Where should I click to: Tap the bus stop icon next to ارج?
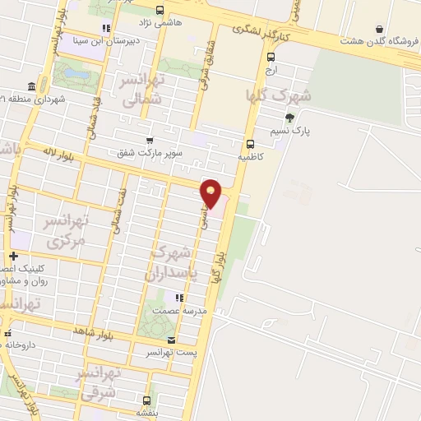tap(271, 57)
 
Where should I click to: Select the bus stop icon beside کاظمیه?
tap(250, 143)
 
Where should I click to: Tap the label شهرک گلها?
tap(279, 95)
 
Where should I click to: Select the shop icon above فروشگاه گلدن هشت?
tap(379, 29)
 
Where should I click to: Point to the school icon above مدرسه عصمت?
tap(178, 297)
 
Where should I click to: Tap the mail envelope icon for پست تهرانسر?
tap(171, 340)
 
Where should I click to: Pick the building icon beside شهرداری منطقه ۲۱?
tap(30, 86)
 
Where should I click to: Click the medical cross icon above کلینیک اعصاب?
tap(12, 256)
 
